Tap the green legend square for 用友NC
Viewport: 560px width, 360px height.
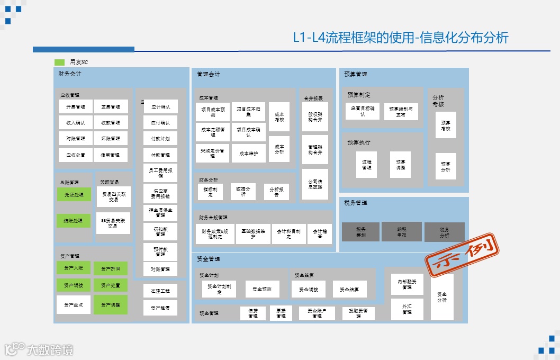click(x=59, y=62)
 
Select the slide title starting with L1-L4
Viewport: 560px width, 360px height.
click(x=401, y=38)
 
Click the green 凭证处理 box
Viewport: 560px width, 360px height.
click(x=74, y=194)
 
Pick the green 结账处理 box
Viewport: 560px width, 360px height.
click(x=74, y=220)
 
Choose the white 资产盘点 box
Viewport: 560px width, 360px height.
click(x=74, y=304)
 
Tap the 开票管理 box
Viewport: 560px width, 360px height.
click(x=76, y=106)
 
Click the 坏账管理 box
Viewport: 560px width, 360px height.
click(x=111, y=139)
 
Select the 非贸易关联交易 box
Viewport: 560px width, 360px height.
click(x=113, y=223)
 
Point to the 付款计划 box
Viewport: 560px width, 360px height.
click(x=160, y=139)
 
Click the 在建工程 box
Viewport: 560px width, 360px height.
click(x=160, y=291)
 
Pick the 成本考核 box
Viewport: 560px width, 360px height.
click(x=279, y=116)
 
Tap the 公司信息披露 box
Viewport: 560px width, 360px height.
click(x=315, y=184)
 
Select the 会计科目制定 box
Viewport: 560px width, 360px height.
click(x=288, y=233)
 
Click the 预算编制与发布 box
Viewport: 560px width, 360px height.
click(x=400, y=111)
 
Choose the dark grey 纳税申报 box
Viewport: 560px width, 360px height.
click(x=402, y=232)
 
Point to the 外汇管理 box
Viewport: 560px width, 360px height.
click(x=407, y=309)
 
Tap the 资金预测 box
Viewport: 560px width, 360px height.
click(x=262, y=289)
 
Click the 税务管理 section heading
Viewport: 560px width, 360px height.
click(x=355, y=202)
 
